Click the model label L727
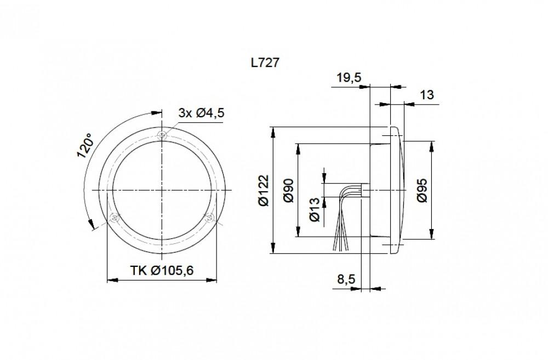coord(266,63)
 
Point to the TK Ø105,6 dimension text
coord(162,270)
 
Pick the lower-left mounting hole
coord(115,218)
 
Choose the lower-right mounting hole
coord(209,218)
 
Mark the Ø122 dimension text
coord(263,190)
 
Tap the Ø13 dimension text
coord(315,209)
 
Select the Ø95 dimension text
coord(423,190)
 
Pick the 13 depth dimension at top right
coord(426,95)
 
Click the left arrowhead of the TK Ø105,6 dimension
coord(110,280)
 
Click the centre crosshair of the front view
coord(162,190)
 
